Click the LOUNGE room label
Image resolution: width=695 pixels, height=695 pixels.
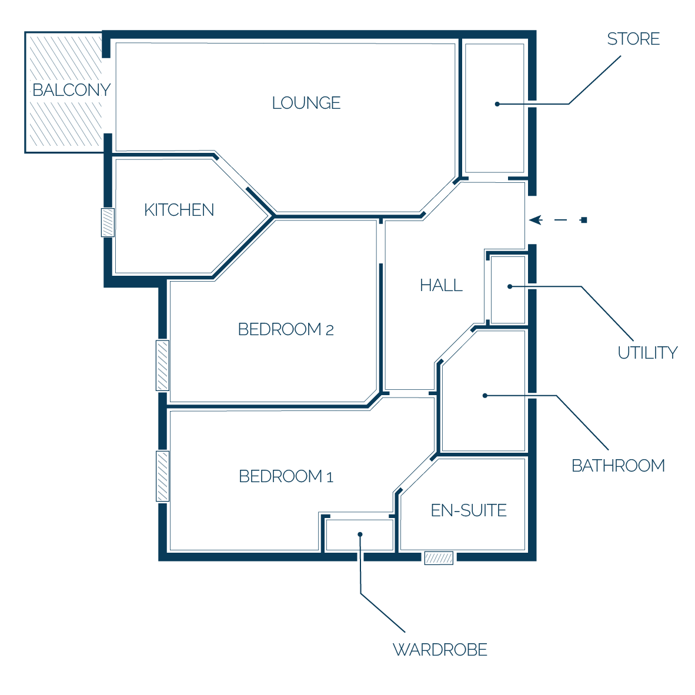click(x=306, y=103)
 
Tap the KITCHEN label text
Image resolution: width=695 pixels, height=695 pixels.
click(x=179, y=210)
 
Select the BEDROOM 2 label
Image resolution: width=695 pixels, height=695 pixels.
click(x=286, y=329)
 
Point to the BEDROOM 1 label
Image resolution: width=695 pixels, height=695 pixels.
click(x=286, y=476)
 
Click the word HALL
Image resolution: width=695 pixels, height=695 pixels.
click(x=442, y=285)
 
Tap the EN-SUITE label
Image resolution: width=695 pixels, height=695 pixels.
click(x=469, y=510)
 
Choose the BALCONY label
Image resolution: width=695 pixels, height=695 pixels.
click(x=71, y=90)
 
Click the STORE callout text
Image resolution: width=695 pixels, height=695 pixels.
click(x=633, y=39)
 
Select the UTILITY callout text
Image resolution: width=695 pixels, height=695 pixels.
click(x=647, y=353)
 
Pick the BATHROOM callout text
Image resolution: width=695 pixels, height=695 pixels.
click(x=619, y=466)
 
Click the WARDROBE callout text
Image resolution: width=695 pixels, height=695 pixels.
click(x=440, y=650)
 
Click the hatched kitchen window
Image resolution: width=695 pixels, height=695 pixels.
click(x=108, y=222)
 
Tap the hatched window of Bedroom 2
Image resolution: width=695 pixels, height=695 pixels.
click(x=163, y=366)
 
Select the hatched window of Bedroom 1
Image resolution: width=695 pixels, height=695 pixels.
click(x=163, y=476)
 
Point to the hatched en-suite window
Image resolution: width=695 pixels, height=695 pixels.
click(x=439, y=558)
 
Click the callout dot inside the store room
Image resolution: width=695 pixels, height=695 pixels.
click(x=497, y=104)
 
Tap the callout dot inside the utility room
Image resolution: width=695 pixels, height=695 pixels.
click(x=510, y=287)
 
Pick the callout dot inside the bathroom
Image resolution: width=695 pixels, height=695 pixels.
click(x=485, y=395)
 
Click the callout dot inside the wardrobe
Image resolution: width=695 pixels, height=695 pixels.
click(x=360, y=534)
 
